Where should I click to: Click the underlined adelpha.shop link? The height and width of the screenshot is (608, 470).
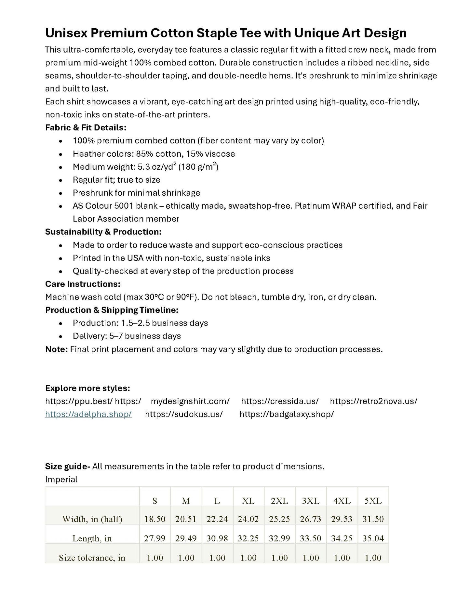88,414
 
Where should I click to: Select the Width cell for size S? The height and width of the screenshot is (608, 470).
154,519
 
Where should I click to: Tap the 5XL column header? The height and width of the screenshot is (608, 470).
373,501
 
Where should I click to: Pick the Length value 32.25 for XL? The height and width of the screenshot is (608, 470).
248,538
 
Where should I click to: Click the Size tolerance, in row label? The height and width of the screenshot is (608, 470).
92,558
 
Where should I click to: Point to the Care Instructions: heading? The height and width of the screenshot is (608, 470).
83,284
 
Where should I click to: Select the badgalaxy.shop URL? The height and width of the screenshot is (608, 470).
287,414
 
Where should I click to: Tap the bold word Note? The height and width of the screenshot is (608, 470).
56,349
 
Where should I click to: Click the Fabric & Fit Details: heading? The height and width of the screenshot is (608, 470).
86,127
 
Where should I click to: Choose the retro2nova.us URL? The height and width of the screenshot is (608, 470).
373,401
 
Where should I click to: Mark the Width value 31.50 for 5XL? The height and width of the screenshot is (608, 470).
373,519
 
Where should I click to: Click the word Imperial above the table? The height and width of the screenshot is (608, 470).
61,479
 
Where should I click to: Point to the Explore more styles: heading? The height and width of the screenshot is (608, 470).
87,388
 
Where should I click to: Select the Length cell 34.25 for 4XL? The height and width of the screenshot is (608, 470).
342,538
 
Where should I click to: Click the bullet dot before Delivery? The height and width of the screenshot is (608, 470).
60,337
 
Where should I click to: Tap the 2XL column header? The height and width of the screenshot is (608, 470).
279,501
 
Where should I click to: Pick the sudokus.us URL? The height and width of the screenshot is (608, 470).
184,414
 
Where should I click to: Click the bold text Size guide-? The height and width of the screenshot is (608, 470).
67,466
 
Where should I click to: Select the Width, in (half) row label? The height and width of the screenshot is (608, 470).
92,519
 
